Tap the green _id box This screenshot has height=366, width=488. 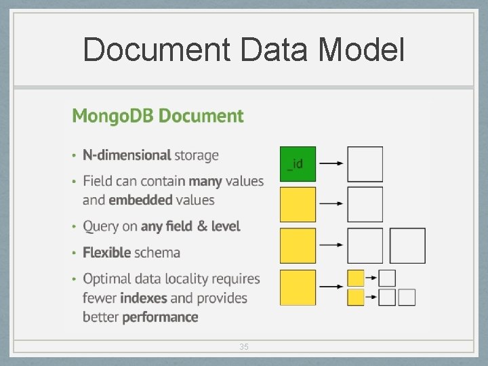pyautogui.click(x=298, y=164)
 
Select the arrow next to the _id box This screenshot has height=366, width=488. pyautogui.click(x=331, y=163)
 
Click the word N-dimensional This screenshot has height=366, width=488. pyautogui.click(x=127, y=155)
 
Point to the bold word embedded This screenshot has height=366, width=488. pyautogui.click(x=140, y=200)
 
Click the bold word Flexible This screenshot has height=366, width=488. pyautogui.click(x=107, y=253)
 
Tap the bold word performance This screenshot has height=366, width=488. pyautogui.click(x=160, y=317)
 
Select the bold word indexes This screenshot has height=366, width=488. pyautogui.click(x=144, y=298)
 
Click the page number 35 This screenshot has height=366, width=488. pyautogui.click(x=244, y=347)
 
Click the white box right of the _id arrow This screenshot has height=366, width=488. pyautogui.click(x=365, y=164)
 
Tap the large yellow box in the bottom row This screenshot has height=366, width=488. pyautogui.click(x=298, y=287)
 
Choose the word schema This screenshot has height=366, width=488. pyautogui.click(x=157, y=253)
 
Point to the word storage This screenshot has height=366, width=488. pyautogui.click(x=197, y=155)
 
